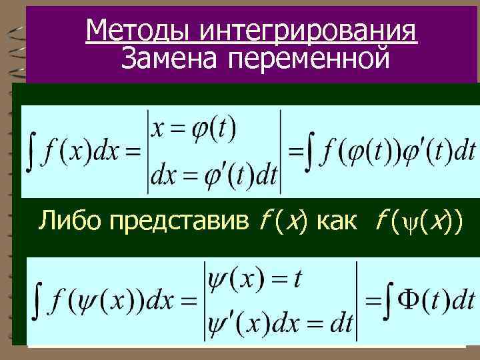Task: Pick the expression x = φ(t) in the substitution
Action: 194,128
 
